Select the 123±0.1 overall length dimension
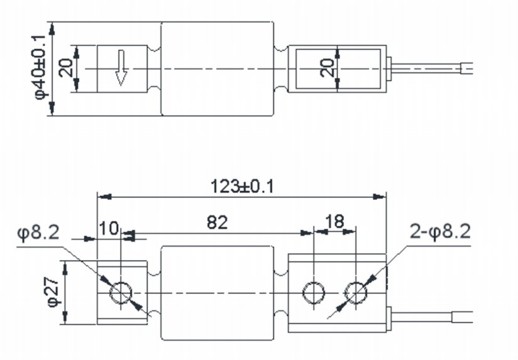(241, 186)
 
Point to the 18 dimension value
(335, 222)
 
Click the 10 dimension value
(108, 227)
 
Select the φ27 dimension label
(53, 293)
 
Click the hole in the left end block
(120, 292)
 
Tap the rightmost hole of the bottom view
(356, 292)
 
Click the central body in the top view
(218, 68)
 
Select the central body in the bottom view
(218, 293)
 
